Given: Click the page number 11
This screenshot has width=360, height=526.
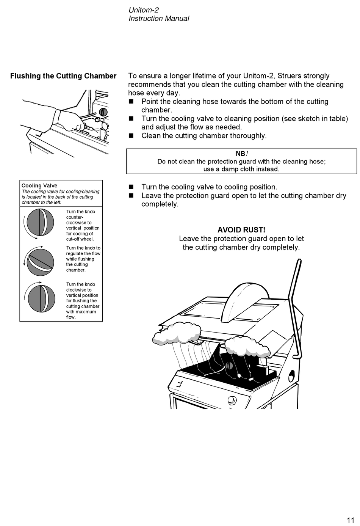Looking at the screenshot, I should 350,520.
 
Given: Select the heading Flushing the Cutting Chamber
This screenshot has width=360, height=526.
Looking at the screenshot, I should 63,76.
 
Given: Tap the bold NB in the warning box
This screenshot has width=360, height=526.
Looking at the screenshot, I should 240,154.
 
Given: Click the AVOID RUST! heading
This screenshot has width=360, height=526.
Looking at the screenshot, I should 241,230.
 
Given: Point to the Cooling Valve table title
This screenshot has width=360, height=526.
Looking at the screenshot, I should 39,185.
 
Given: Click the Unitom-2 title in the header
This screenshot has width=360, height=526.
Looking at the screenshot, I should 144,10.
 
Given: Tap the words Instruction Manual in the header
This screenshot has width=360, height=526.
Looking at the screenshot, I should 159,19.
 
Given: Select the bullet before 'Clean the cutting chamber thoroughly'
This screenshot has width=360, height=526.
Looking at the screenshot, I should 131,136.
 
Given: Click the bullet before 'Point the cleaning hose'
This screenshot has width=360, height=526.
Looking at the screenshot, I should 131,102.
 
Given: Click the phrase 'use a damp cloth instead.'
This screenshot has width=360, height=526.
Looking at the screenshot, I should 241,169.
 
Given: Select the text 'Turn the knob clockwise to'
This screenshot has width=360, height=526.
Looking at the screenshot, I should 81,287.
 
